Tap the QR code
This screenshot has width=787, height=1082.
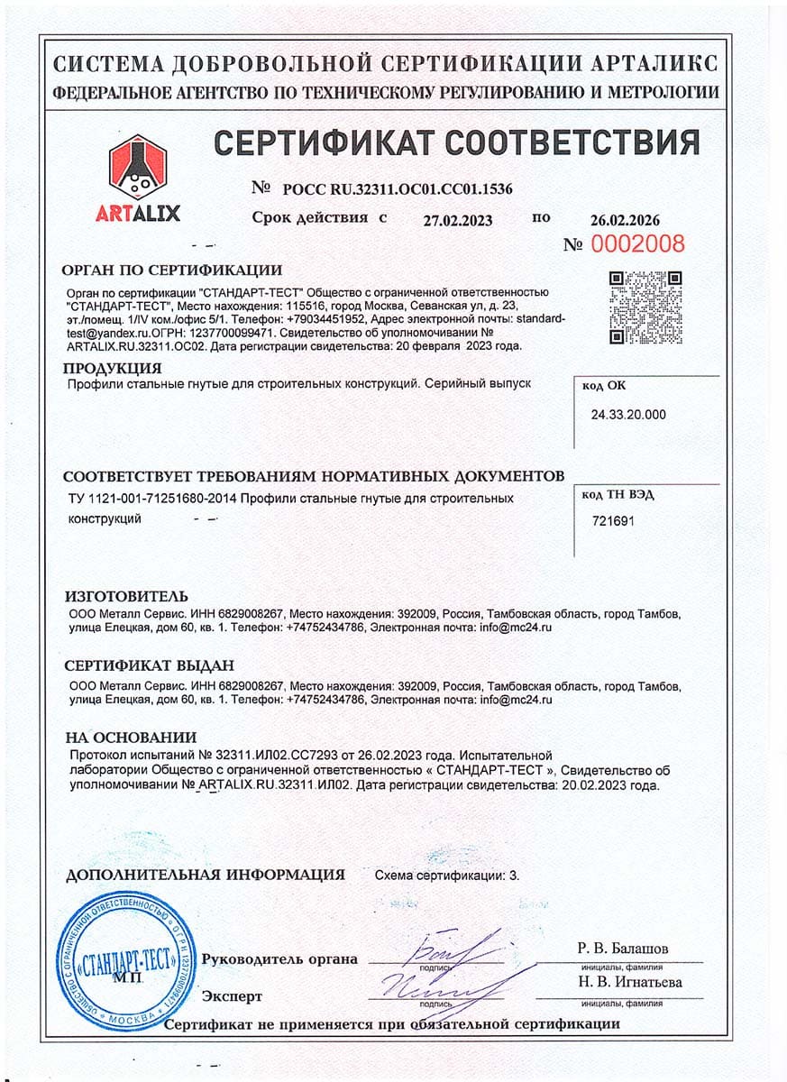pyautogui.click(x=645, y=307)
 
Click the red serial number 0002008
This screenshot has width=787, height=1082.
pyautogui.click(x=637, y=243)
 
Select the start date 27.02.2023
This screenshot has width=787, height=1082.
pyautogui.click(x=458, y=220)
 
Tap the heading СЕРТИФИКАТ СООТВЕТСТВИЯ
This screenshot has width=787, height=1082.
pyautogui.click(x=456, y=142)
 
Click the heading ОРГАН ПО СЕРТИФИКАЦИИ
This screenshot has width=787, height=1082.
pyautogui.click(x=171, y=270)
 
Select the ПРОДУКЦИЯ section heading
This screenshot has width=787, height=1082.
pyautogui.click(x=113, y=368)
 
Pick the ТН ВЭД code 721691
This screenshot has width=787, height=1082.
pyautogui.click(x=613, y=520)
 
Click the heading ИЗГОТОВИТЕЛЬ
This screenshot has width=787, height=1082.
pyautogui.click(x=127, y=597)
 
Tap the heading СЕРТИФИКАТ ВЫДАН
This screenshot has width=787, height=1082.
pyautogui.click(x=150, y=665)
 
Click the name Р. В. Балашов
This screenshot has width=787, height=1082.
pyautogui.click(x=622, y=949)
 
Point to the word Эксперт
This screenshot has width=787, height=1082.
pyautogui.click(x=232, y=996)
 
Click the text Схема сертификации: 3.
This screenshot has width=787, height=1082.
pyautogui.click(x=446, y=875)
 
